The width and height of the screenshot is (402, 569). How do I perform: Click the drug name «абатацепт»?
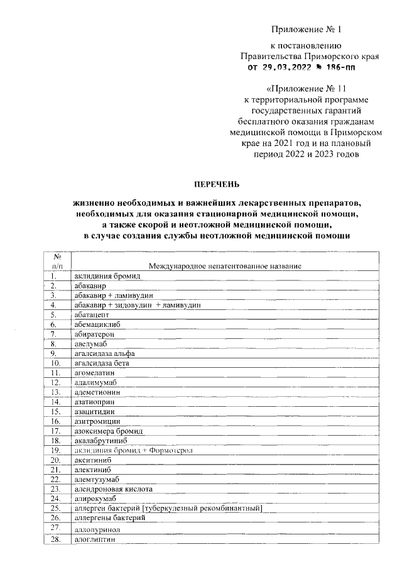coord(92,314)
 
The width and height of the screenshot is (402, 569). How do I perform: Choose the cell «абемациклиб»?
coord(97,324)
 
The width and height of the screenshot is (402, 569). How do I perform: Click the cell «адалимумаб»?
coord(95,382)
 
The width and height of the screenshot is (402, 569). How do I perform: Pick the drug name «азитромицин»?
coord(97,421)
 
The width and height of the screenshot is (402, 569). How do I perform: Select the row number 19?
coord(56,450)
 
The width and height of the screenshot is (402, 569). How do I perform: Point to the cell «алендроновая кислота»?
coord(112,489)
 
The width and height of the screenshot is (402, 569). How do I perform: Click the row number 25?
coord(56,508)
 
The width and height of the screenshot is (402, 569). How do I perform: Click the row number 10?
coord(56,363)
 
